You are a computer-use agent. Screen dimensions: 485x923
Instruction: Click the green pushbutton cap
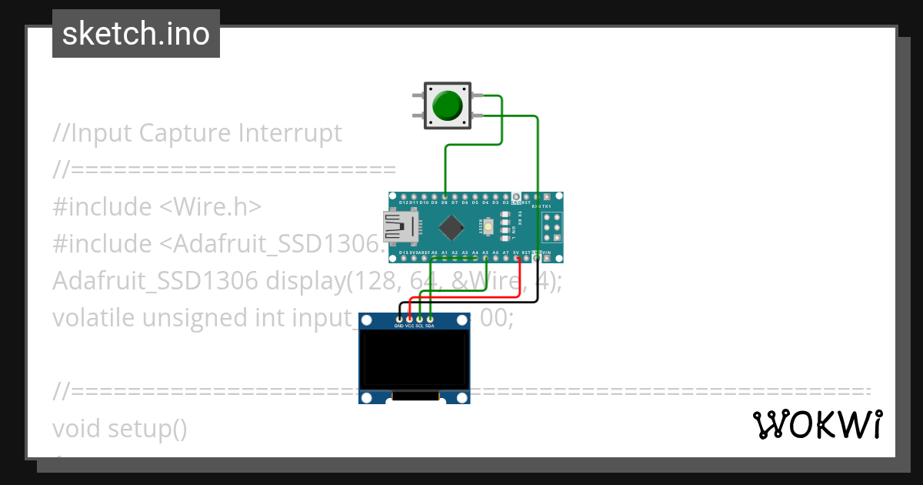point(448,105)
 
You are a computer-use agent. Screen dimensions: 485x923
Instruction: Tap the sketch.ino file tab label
point(136,34)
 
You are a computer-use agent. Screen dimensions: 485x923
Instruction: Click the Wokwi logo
point(817,424)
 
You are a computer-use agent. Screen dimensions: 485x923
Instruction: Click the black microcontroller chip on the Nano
point(451,226)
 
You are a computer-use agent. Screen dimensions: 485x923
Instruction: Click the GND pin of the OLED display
point(399,319)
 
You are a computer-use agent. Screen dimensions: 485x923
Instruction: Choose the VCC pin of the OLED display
point(409,319)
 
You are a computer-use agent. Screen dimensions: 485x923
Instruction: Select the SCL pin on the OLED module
point(419,319)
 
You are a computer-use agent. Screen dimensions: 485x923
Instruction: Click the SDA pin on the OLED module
point(430,319)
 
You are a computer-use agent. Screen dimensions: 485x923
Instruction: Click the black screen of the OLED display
point(414,360)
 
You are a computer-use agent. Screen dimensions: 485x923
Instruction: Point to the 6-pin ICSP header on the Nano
point(551,227)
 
